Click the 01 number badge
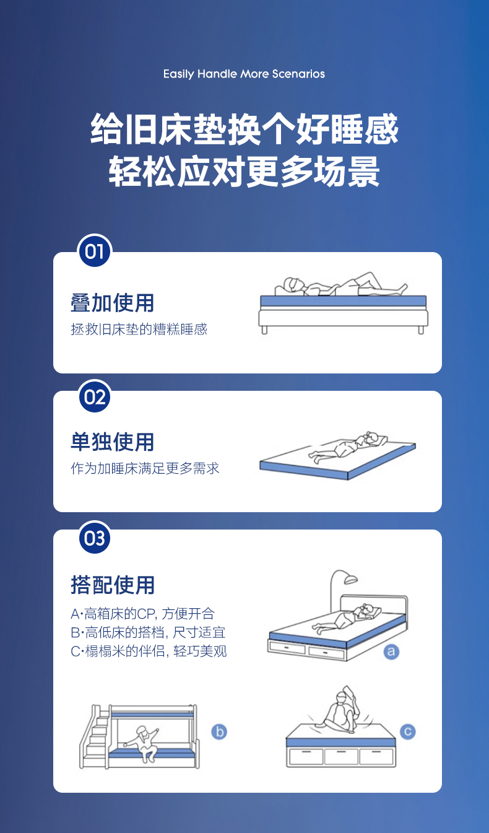coord(95,251)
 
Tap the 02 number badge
coord(95,396)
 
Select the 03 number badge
coord(95,538)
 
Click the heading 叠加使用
coord(112,302)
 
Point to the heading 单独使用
coord(112,442)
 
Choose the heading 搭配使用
coord(112,585)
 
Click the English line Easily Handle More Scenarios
coord(244,74)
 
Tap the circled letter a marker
coord(391,652)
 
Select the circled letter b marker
coord(219,732)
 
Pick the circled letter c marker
coord(408,731)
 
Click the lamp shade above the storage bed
coord(351,579)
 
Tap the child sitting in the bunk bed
coord(143,743)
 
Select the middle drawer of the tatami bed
coord(341,756)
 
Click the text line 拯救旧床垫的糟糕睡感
coord(139,329)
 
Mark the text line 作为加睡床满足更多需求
coord(145,468)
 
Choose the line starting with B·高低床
coord(148,632)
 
